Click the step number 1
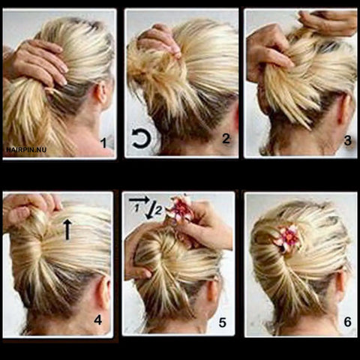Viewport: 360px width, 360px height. click(x=103, y=143)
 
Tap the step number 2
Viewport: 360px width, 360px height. click(x=226, y=139)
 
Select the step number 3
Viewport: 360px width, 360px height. click(x=348, y=141)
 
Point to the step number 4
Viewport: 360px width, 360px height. click(x=98, y=319)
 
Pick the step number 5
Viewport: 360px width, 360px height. click(x=223, y=322)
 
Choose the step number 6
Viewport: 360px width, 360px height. click(x=348, y=322)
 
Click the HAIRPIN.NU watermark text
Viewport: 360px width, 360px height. click(x=26, y=150)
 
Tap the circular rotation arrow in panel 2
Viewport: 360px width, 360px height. click(x=141, y=138)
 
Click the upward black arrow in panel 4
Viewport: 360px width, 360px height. click(x=67, y=229)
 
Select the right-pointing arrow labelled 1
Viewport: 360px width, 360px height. click(x=139, y=199)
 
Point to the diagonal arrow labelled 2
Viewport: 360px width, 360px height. click(x=151, y=209)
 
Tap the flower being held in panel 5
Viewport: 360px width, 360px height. click(x=179, y=209)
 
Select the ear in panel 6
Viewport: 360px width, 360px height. click(x=341, y=284)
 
